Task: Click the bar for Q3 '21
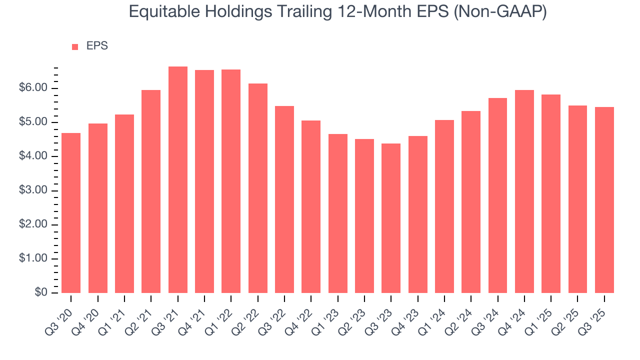[x=177, y=180]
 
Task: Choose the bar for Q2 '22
[x=257, y=188]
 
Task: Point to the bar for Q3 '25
[x=604, y=200]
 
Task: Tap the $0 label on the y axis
[x=42, y=292]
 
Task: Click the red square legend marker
[x=75, y=46]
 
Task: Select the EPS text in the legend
[x=97, y=46]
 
